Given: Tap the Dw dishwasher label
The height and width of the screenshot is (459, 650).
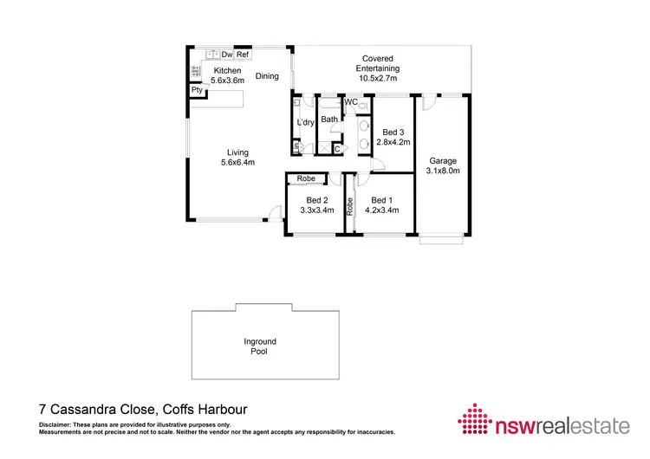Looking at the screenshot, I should (226, 55).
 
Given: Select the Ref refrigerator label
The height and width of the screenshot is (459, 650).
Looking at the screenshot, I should (244, 55).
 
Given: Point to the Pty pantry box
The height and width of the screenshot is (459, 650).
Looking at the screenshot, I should (198, 89).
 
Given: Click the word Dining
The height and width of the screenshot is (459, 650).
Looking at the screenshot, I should (267, 76).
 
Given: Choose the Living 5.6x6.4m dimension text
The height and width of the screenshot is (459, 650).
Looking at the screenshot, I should (237, 163).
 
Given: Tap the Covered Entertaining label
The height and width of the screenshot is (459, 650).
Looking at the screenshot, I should (380, 63).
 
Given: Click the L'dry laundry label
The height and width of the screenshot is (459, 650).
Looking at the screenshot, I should (305, 123).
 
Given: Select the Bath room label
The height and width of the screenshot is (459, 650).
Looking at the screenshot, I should (329, 120).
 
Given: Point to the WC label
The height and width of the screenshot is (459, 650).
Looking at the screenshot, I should (352, 102).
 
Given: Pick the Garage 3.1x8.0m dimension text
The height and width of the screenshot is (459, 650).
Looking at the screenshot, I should (442, 171).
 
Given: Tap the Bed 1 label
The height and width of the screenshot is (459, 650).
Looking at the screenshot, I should (381, 200).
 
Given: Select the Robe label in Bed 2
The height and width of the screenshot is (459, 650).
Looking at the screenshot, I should (306, 178).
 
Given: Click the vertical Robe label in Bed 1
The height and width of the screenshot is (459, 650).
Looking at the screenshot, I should (350, 205).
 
